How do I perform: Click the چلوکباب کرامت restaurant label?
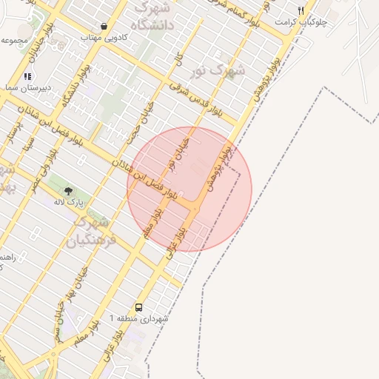coord(301,22)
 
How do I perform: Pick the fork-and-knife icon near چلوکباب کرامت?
coord(301,11)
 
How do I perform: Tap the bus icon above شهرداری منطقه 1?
coord(138,307)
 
